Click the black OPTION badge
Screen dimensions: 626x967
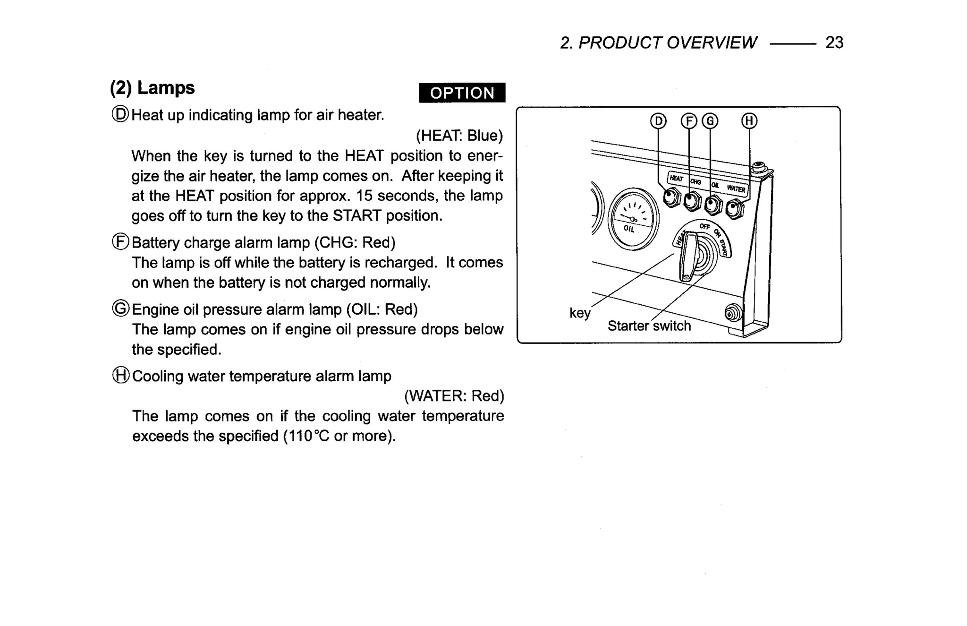(x=462, y=93)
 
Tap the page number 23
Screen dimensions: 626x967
(x=834, y=43)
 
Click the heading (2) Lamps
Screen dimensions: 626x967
(x=152, y=88)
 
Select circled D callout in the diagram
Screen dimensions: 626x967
(x=658, y=121)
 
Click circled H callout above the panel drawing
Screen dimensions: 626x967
(x=749, y=121)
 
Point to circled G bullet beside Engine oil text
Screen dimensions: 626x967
(x=121, y=309)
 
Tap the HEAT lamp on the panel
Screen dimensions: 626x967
(x=671, y=197)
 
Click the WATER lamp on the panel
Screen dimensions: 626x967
(x=734, y=209)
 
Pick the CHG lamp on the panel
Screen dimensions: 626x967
(x=692, y=201)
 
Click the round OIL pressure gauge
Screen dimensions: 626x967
(x=633, y=219)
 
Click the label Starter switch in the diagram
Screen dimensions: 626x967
(x=649, y=326)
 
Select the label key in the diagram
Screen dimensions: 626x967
(x=579, y=313)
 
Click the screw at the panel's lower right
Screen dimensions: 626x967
(x=732, y=313)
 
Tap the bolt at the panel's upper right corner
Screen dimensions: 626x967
(x=758, y=167)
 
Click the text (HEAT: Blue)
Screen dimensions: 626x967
(x=459, y=136)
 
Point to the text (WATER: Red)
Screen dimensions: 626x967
(x=454, y=396)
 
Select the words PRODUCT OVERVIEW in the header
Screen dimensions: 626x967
(x=667, y=43)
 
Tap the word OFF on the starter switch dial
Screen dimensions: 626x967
(x=704, y=227)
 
